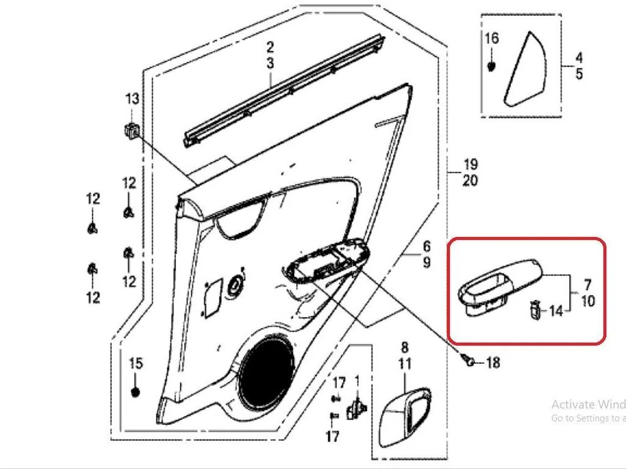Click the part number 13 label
coord(133,98)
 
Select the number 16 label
coord(492,38)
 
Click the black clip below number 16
coord(492,65)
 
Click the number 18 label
coord(493,363)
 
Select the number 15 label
coord(135,363)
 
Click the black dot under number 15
coord(136,391)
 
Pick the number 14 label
coord(556,311)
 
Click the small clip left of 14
coord(534,310)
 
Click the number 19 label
coord(470,164)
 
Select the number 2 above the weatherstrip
coord(270,47)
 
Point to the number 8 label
coord(405,347)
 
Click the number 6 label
coord(427,246)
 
